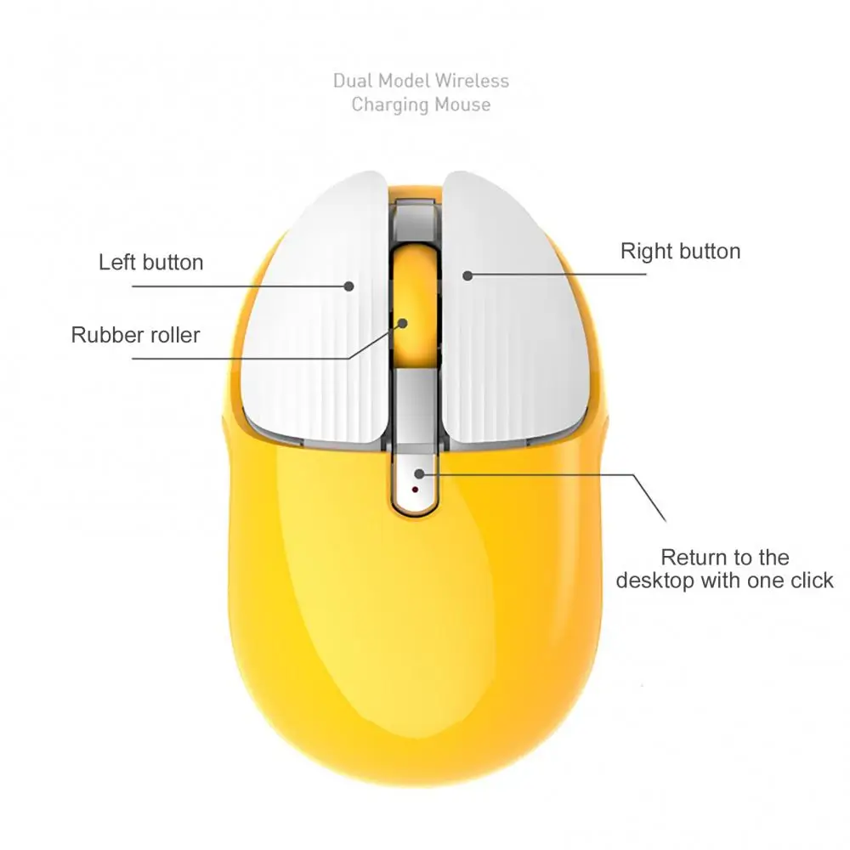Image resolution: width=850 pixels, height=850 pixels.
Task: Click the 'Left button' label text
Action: click(150, 263)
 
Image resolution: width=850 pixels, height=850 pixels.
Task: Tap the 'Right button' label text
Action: click(680, 251)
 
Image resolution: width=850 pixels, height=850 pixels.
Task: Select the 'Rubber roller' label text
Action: click(135, 335)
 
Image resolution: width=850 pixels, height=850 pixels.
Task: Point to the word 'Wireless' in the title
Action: click(472, 81)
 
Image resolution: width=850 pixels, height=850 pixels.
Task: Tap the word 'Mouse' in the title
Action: click(462, 104)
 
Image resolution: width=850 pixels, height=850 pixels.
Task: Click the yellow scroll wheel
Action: click(416, 306)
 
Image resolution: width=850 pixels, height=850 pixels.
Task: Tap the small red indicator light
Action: click(416, 490)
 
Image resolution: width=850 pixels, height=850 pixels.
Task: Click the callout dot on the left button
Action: click(349, 286)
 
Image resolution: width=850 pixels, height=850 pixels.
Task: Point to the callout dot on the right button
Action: click(467, 275)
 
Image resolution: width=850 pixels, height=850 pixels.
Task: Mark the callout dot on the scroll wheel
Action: click(402, 324)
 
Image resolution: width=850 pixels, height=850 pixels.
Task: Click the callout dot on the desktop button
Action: click(419, 473)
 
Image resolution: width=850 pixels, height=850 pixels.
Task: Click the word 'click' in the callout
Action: click(812, 581)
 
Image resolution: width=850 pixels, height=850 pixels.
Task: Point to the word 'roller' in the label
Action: click(173, 335)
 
